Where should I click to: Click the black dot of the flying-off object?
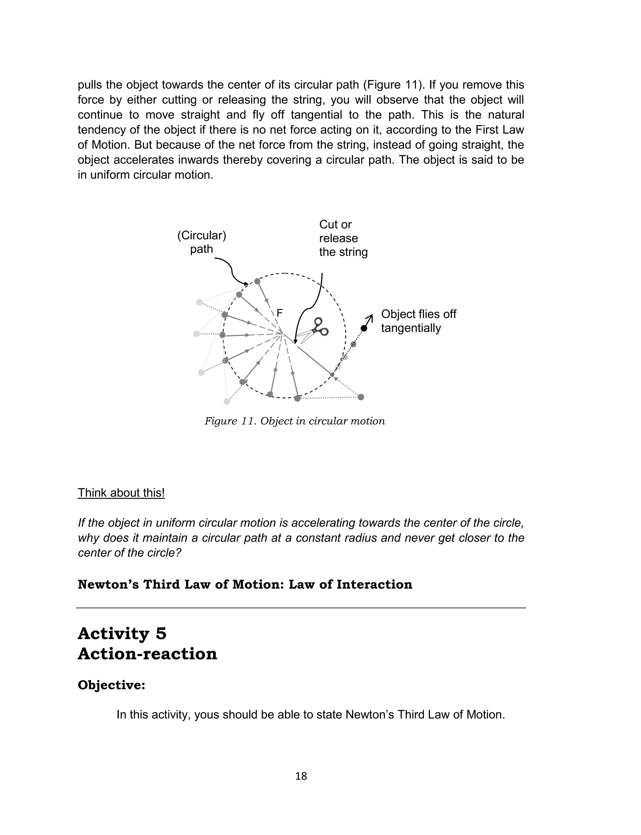364,328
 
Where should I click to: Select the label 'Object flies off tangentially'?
418,321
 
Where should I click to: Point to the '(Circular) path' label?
202,242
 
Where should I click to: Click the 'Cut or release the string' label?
343,238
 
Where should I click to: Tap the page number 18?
301,776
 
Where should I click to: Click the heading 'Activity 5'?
122,634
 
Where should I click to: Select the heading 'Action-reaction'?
147,654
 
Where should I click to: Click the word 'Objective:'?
111,685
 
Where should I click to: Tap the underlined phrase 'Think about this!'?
121,493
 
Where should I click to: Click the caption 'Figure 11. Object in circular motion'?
295,421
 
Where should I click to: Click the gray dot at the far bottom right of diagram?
361,397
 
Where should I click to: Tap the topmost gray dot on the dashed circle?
257,281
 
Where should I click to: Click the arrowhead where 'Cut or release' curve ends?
295,342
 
